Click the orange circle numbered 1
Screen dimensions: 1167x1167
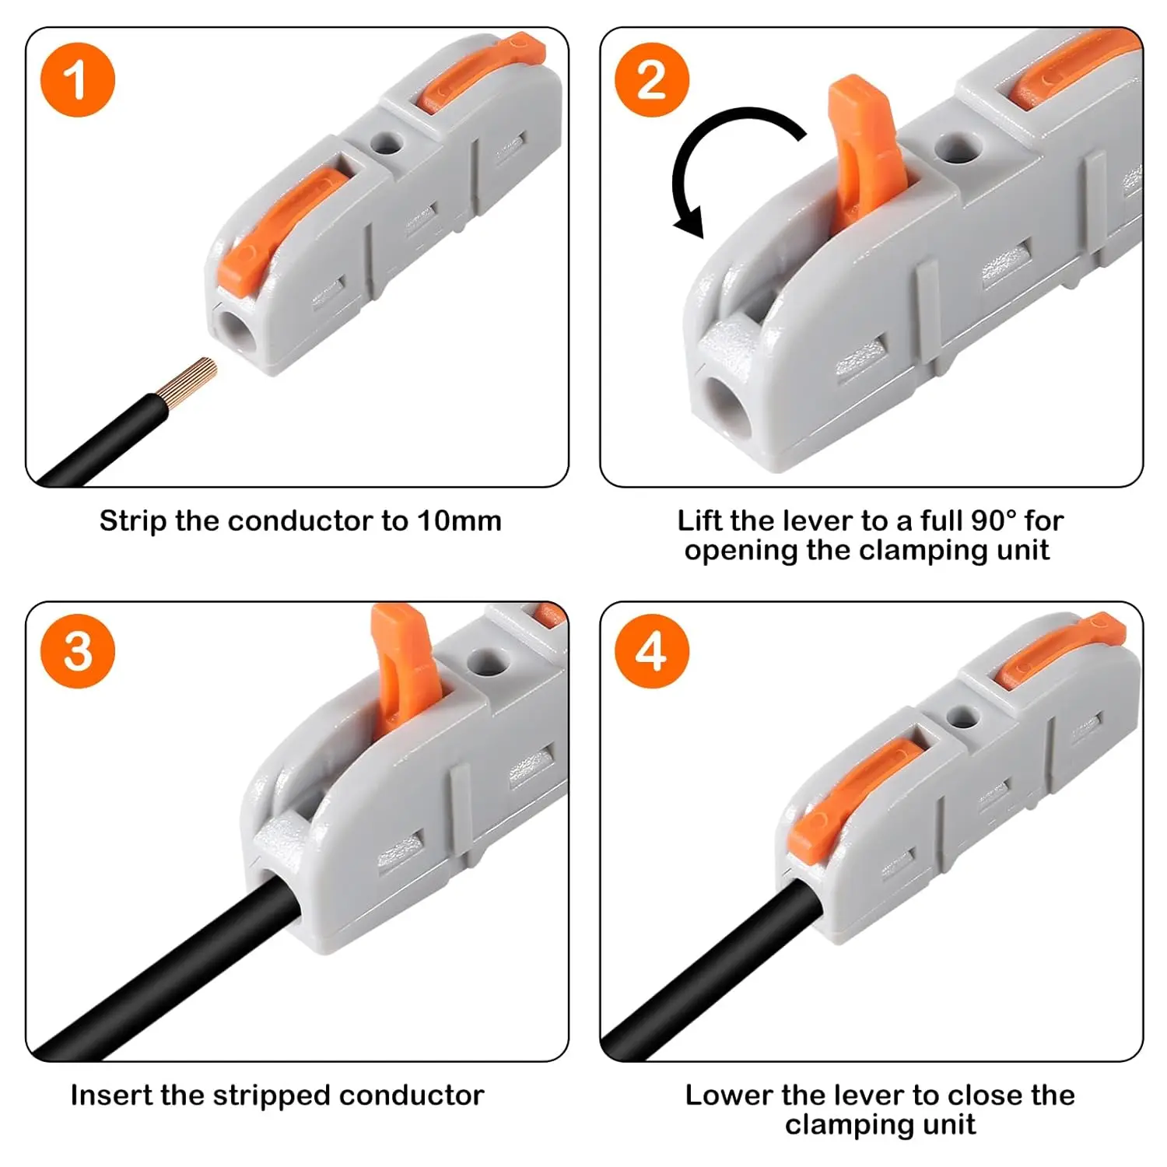pyautogui.click(x=77, y=80)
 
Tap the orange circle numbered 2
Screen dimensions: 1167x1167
pyautogui.click(x=652, y=80)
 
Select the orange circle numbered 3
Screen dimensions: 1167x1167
pyautogui.click(x=77, y=651)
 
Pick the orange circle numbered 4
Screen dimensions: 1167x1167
pyautogui.click(x=652, y=651)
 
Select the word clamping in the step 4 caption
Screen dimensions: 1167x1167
pyautogui.click(x=841, y=1124)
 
